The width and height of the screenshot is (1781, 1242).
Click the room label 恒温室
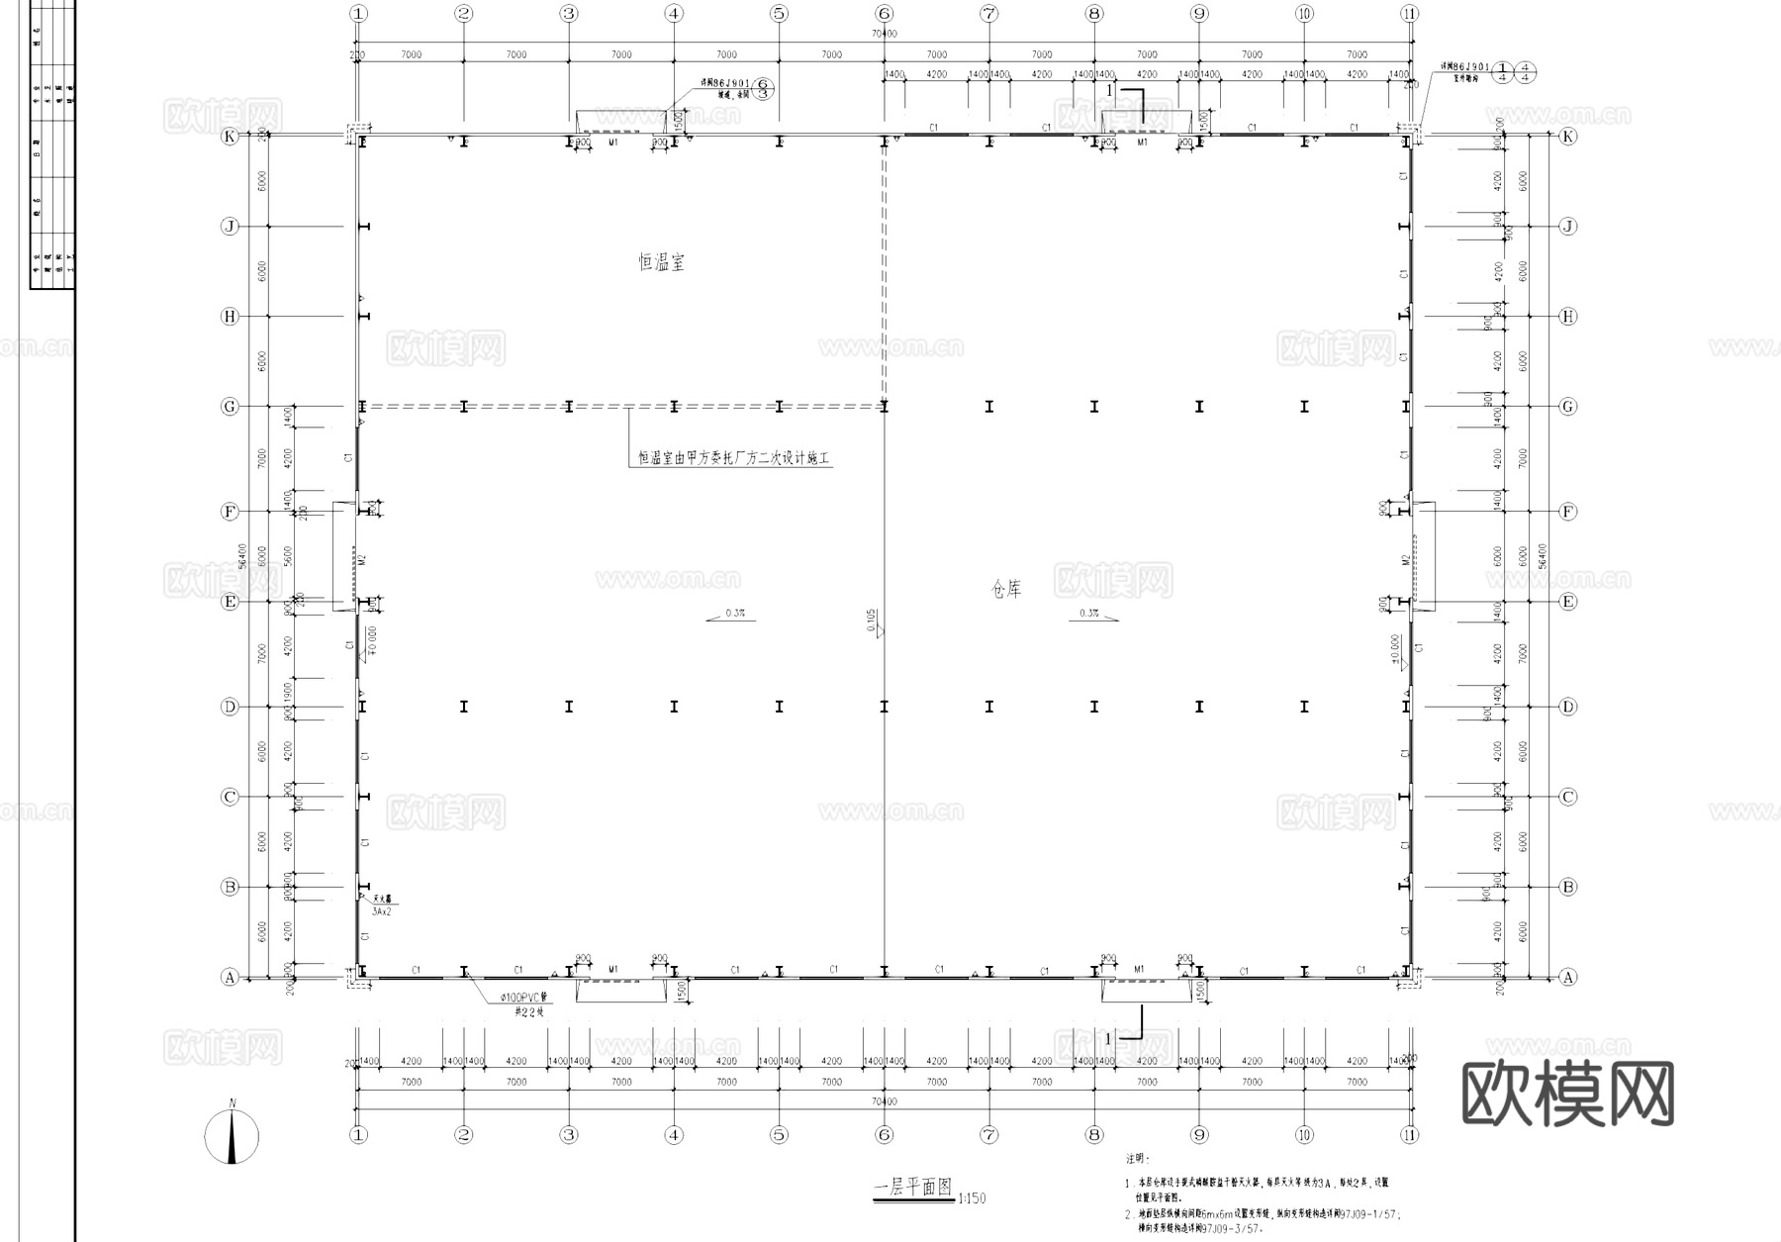point(661,262)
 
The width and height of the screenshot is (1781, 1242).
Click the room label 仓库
point(1006,590)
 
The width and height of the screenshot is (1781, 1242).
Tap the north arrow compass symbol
point(233,1135)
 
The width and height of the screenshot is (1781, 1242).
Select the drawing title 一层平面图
point(912,1188)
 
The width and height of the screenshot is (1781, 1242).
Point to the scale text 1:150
point(972,1198)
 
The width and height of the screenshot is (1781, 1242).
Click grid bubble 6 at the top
point(884,14)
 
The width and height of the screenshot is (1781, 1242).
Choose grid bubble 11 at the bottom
point(1409,1135)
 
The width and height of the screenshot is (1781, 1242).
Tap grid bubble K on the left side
point(230,137)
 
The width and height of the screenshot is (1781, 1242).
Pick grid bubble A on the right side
point(1567,977)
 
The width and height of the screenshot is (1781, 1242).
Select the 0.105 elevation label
point(870,621)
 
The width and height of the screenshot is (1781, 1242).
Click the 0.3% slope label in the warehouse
point(1089,614)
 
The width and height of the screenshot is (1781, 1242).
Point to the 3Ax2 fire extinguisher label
point(381,911)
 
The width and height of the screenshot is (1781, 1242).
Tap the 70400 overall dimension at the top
point(884,34)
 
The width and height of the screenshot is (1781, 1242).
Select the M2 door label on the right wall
point(1405,560)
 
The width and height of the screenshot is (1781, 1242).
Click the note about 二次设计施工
point(732,458)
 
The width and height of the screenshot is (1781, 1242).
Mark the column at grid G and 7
point(989,406)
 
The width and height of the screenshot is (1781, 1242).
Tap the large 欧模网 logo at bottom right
point(1567,1094)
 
